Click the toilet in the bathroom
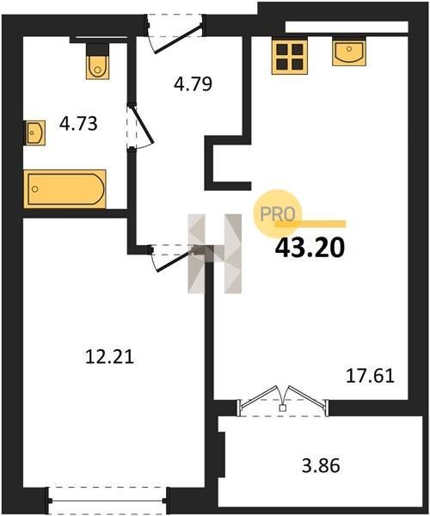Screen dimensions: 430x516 coord(97,62)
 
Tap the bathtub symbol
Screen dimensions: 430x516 coord(65,189)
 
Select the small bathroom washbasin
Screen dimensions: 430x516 coord(35,132)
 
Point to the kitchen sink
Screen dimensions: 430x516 coord(349,52)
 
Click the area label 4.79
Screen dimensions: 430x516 coord(193,84)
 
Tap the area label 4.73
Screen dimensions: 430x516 coord(78,124)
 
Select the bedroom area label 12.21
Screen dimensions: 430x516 coord(109,356)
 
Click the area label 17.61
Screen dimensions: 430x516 coord(370,376)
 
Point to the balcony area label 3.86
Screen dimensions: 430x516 coord(321,465)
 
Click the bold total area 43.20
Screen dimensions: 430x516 coord(310,248)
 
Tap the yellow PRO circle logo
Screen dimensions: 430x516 coord(277,214)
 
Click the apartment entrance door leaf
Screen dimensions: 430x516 coord(178,40)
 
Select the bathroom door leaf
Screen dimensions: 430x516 coord(143,125)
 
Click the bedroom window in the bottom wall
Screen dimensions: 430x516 coord(107,501)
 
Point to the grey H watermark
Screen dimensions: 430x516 coord(214,254)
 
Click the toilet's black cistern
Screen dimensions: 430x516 coord(97,49)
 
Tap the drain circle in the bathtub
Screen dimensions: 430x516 coord(35,189)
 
